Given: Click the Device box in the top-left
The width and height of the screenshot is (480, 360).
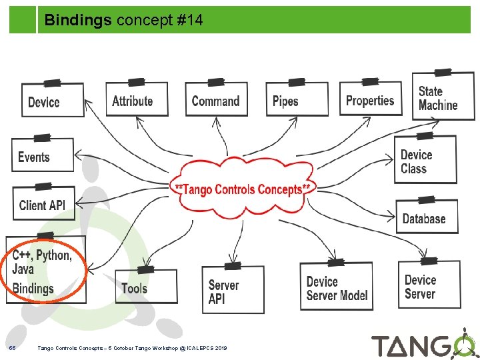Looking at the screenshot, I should point(53,101).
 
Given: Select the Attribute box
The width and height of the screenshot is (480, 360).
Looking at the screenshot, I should point(137,99).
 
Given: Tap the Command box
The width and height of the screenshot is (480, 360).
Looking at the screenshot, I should point(215,100).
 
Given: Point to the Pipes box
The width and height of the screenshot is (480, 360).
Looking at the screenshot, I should point(297,100).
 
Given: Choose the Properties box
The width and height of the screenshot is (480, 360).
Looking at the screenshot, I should point(371,99).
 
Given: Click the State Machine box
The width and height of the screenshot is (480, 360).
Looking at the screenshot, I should point(442,97).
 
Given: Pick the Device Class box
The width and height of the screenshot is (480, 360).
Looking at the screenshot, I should point(425,161).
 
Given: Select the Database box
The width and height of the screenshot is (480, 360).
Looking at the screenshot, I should point(426,217).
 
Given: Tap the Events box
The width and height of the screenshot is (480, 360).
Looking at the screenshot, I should point(42,157).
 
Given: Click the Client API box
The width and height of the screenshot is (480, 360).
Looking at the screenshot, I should point(43,203).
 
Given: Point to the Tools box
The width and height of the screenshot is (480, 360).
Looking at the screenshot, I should point(145,287).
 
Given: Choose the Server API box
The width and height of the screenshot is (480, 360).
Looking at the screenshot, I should point(233,291).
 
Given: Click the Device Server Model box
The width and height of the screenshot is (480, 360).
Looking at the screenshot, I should point(337,287).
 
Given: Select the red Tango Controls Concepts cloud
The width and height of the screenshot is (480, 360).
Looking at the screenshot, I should point(242,189).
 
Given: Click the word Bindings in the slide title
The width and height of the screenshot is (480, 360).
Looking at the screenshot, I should point(78,21).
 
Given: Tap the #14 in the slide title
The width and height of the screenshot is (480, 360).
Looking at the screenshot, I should point(189,21).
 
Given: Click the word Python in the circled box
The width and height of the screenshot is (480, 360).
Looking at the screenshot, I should point(53,255).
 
